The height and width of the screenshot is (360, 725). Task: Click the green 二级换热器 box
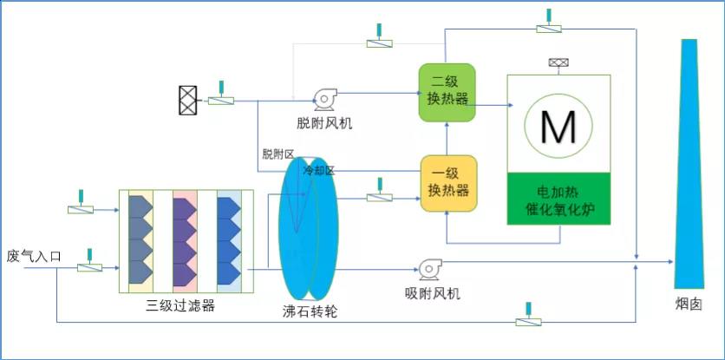point(447,93)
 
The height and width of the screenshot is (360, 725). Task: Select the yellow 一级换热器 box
point(448,183)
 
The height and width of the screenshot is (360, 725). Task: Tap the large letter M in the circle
point(558,127)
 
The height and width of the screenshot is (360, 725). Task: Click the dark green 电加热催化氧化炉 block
point(558,199)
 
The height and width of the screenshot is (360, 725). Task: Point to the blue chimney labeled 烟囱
point(689,164)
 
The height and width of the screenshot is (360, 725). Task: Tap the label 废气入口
point(34,257)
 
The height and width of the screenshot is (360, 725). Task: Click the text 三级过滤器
point(180,305)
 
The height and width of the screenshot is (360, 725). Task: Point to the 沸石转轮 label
point(310,311)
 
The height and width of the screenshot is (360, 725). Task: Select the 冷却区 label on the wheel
point(318,171)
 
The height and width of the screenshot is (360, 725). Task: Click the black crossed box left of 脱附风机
point(187,100)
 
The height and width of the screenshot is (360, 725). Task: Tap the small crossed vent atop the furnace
point(558,62)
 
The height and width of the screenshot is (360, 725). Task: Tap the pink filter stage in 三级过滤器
point(185,241)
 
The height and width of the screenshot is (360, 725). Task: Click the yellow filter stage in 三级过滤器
point(140,241)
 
